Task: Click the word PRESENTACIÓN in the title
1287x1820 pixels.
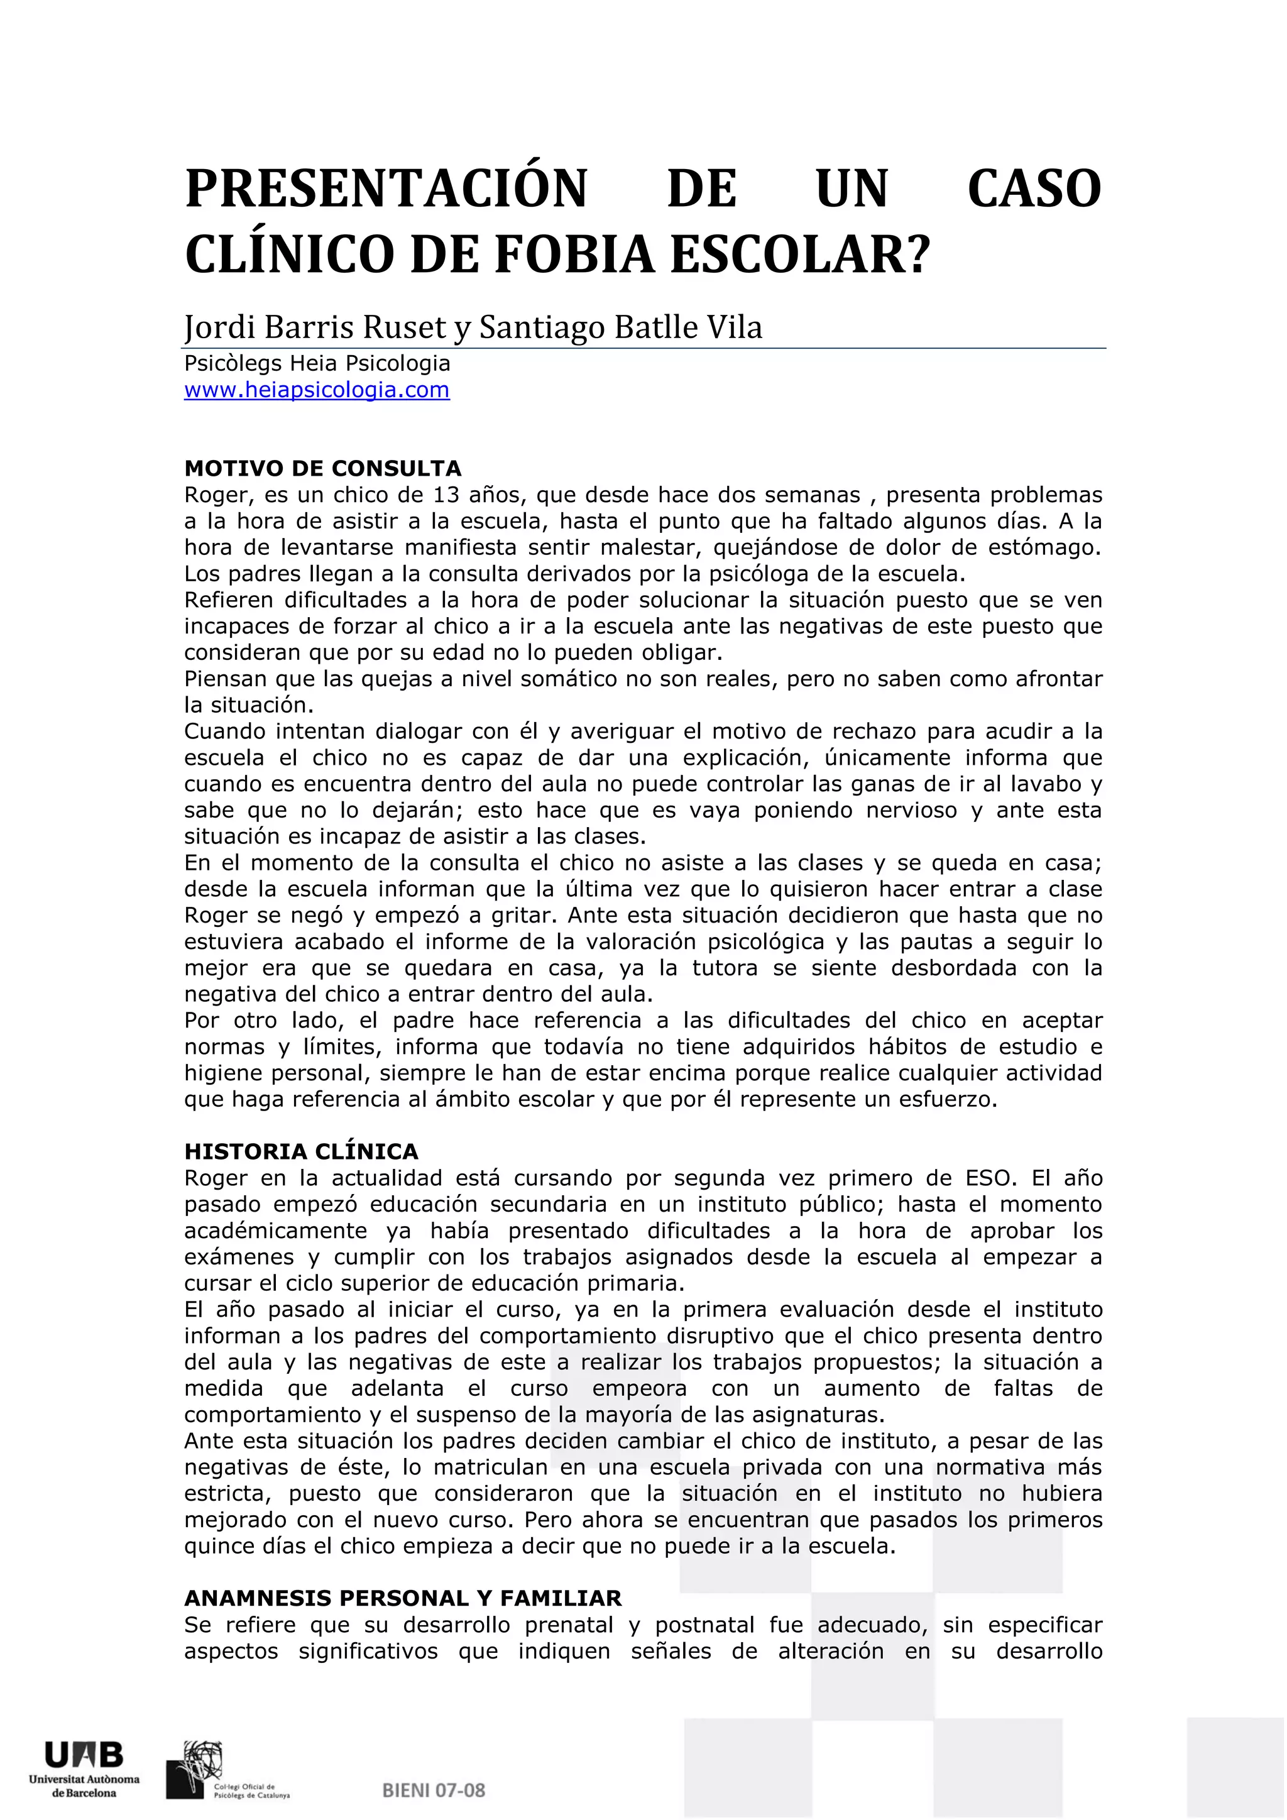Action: [x=386, y=189]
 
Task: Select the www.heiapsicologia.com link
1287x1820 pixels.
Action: [x=317, y=390]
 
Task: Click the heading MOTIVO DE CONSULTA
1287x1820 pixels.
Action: [x=322, y=468]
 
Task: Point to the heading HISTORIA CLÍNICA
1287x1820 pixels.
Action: [x=301, y=1152]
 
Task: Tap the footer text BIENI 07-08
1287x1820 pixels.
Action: [x=434, y=1790]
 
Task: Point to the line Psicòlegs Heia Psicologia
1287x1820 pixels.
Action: [x=317, y=364]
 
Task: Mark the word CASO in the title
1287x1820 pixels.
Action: [x=1034, y=189]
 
